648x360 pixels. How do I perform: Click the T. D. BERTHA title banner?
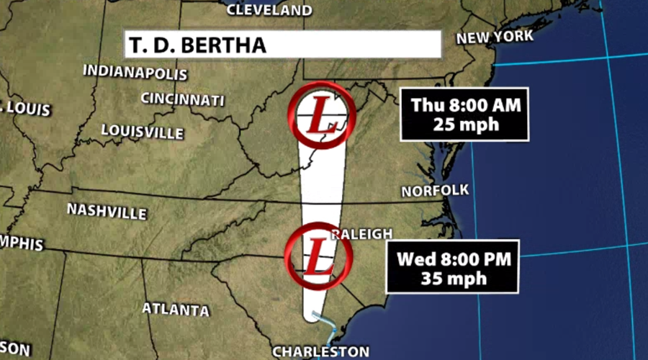282,44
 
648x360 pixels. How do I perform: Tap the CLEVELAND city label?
269,10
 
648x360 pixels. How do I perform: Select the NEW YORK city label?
495,37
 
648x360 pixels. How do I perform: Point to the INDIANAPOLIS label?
135,72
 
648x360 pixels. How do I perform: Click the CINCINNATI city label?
182,99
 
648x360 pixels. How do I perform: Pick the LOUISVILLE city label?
142,131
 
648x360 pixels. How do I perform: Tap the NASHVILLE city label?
107,211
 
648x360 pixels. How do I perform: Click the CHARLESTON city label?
320,351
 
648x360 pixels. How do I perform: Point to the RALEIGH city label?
362,234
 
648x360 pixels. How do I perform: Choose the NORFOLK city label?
435,191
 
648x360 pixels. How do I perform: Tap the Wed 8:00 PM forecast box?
452,266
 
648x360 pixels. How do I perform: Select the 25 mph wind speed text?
466,123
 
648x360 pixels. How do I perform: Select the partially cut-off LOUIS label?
26,109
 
